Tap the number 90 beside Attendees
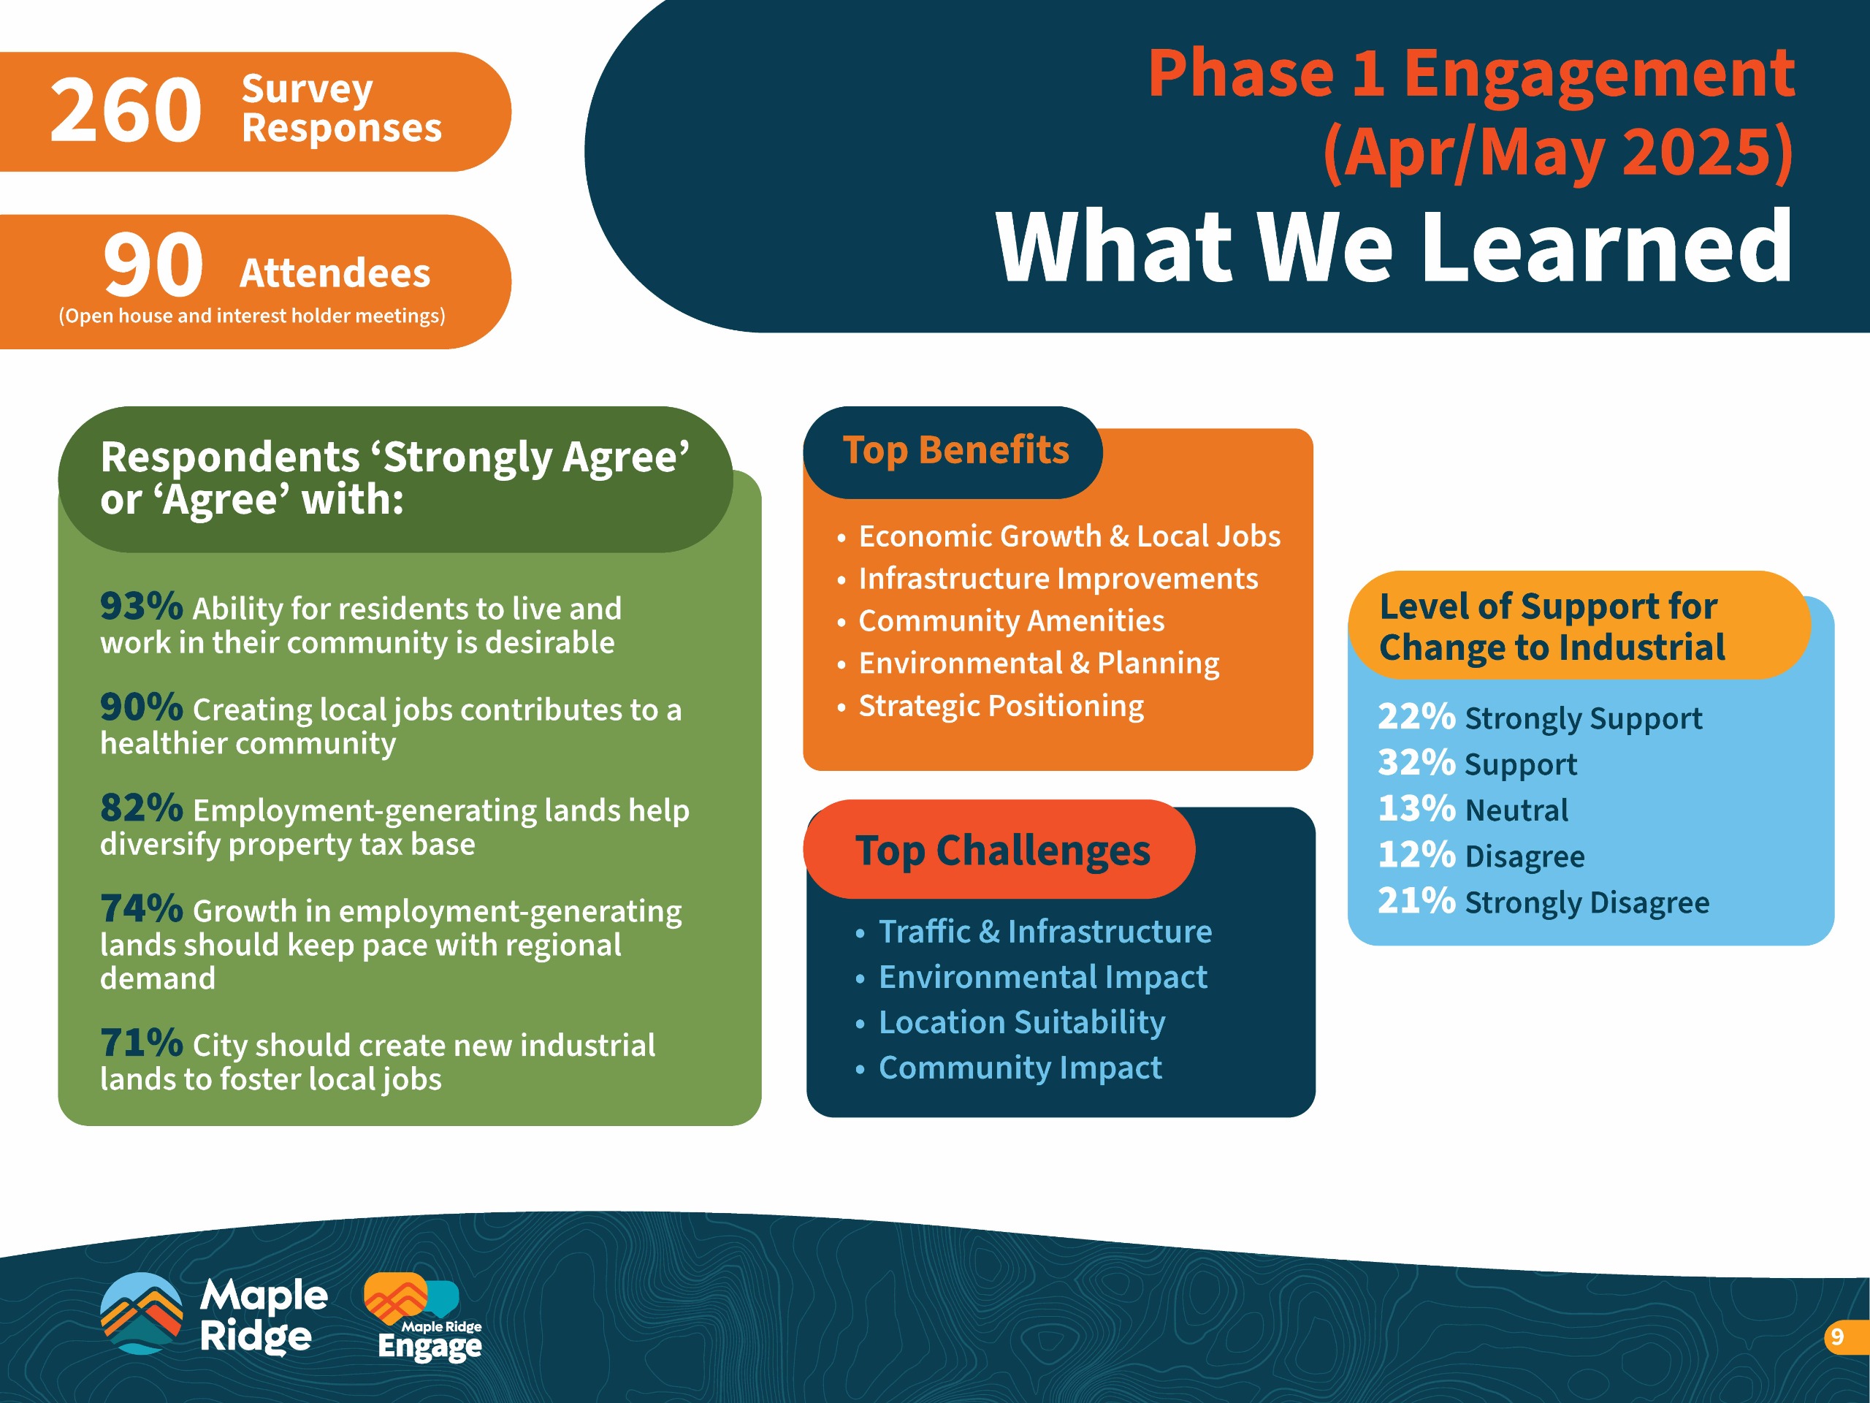pos(153,265)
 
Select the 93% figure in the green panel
pos(141,606)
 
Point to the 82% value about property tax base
pos(141,807)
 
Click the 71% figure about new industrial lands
pos(141,1043)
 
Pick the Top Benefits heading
pos(955,450)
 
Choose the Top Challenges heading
pos(1003,851)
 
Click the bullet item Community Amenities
pos(1011,620)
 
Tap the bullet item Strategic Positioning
pos(1001,705)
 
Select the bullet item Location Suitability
pos(1021,1022)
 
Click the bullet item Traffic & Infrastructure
pos(1045,931)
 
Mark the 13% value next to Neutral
pos(1416,808)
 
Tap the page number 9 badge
pos(1843,1337)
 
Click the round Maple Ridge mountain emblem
pos(141,1313)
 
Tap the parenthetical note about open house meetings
pos(252,316)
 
